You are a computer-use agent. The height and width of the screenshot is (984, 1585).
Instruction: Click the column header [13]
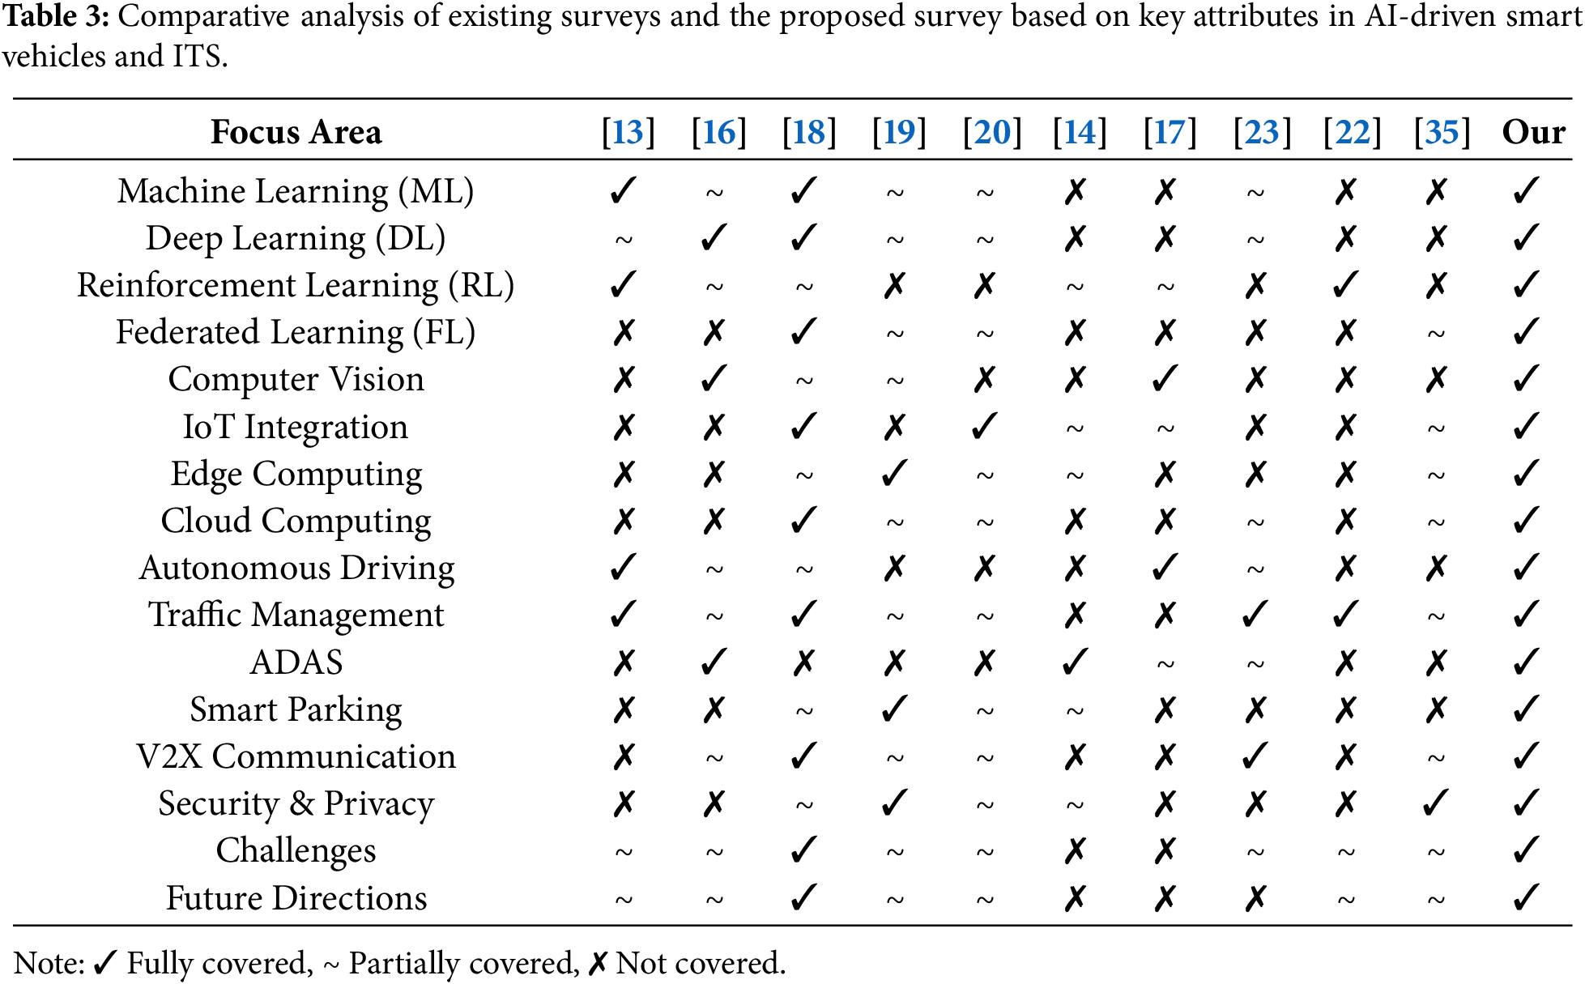point(628,132)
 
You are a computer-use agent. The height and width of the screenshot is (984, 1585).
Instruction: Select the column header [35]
point(1442,132)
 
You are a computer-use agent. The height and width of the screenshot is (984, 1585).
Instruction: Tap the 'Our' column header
point(1533,132)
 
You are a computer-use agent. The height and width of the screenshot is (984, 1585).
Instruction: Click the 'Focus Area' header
point(296,132)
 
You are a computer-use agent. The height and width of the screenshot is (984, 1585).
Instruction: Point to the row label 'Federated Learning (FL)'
point(296,332)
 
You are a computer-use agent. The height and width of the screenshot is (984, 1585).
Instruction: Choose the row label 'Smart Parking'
point(296,709)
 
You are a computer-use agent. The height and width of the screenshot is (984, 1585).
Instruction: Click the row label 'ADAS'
point(296,662)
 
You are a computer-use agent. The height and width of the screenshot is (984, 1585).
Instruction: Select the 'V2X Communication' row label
point(296,756)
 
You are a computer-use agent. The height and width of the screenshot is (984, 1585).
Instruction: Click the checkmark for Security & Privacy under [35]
point(1436,803)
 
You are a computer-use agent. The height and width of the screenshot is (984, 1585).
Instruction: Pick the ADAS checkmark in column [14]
point(1076,662)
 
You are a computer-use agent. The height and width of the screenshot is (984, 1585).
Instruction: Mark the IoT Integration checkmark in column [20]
point(985,427)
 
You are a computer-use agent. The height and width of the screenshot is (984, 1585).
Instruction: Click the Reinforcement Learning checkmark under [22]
point(1346,285)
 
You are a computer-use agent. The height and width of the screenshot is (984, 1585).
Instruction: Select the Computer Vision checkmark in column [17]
point(1165,379)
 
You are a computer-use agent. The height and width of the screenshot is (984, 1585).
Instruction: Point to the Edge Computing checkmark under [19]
point(894,474)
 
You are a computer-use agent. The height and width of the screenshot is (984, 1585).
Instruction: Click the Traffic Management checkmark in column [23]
point(1255,615)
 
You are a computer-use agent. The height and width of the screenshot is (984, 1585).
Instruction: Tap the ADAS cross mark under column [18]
point(803,663)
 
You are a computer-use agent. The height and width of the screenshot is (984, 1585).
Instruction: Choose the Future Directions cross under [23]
point(1255,898)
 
